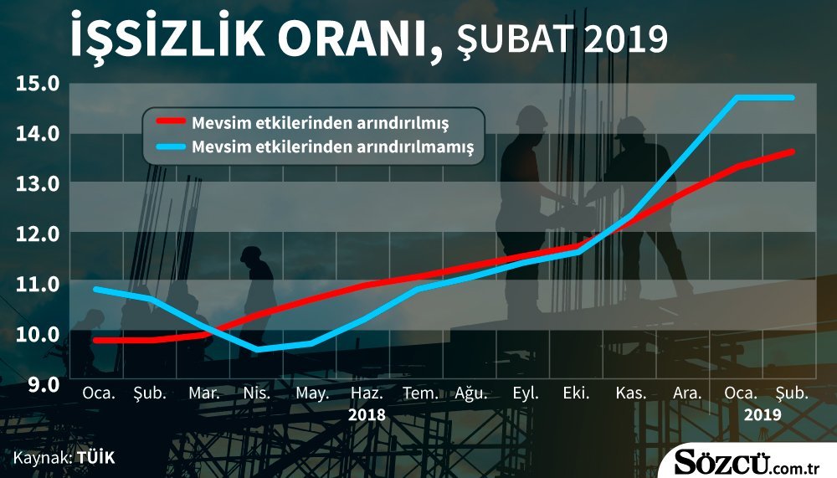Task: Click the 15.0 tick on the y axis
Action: [38, 84]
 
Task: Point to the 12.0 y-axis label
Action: [38, 234]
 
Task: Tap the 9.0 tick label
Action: [44, 383]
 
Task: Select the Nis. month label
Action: [257, 393]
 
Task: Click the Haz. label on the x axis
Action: [367, 393]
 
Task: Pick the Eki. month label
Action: [577, 393]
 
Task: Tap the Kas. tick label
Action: [631, 393]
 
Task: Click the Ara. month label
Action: [687, 393]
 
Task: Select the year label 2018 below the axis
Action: [367, 415]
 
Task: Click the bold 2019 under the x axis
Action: [763, 415]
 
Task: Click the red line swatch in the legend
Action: [171, 121]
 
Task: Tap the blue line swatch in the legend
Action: [171, 146]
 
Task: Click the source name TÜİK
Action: [95, 458]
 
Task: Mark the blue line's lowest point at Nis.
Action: [258, 349]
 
